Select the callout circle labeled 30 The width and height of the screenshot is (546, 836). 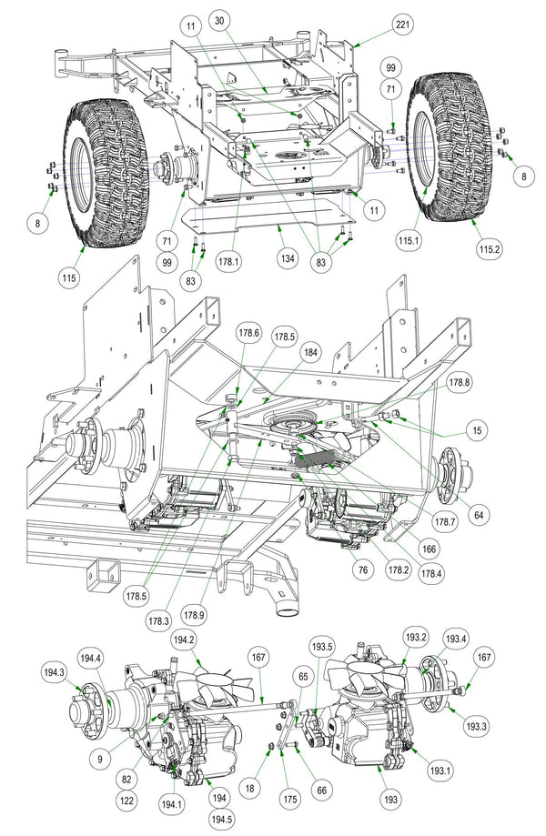(x=217, y=20)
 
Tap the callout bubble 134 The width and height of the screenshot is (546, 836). (x=287, y=259)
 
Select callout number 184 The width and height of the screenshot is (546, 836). (x=311, y=352)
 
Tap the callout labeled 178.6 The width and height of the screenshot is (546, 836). (x=248, y=333)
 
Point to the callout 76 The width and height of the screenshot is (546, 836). (x=363, y=570)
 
